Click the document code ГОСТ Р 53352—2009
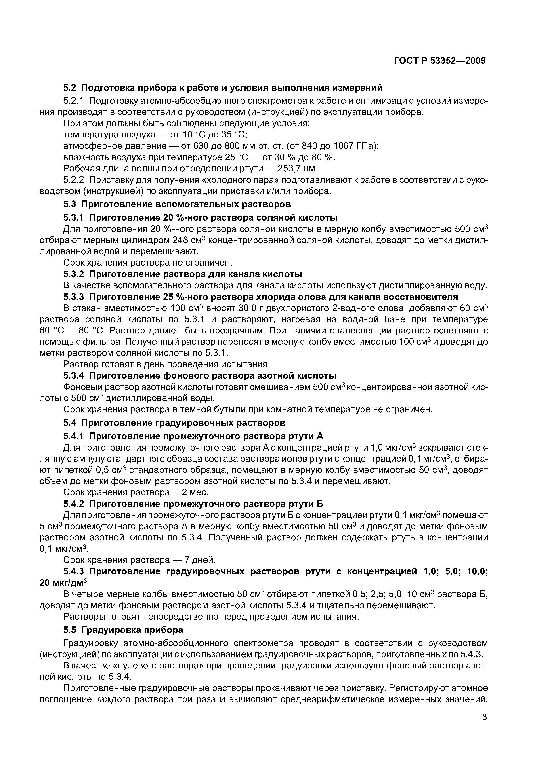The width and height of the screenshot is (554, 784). click(439, 61)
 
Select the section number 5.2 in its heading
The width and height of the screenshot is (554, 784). click(70, 88)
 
